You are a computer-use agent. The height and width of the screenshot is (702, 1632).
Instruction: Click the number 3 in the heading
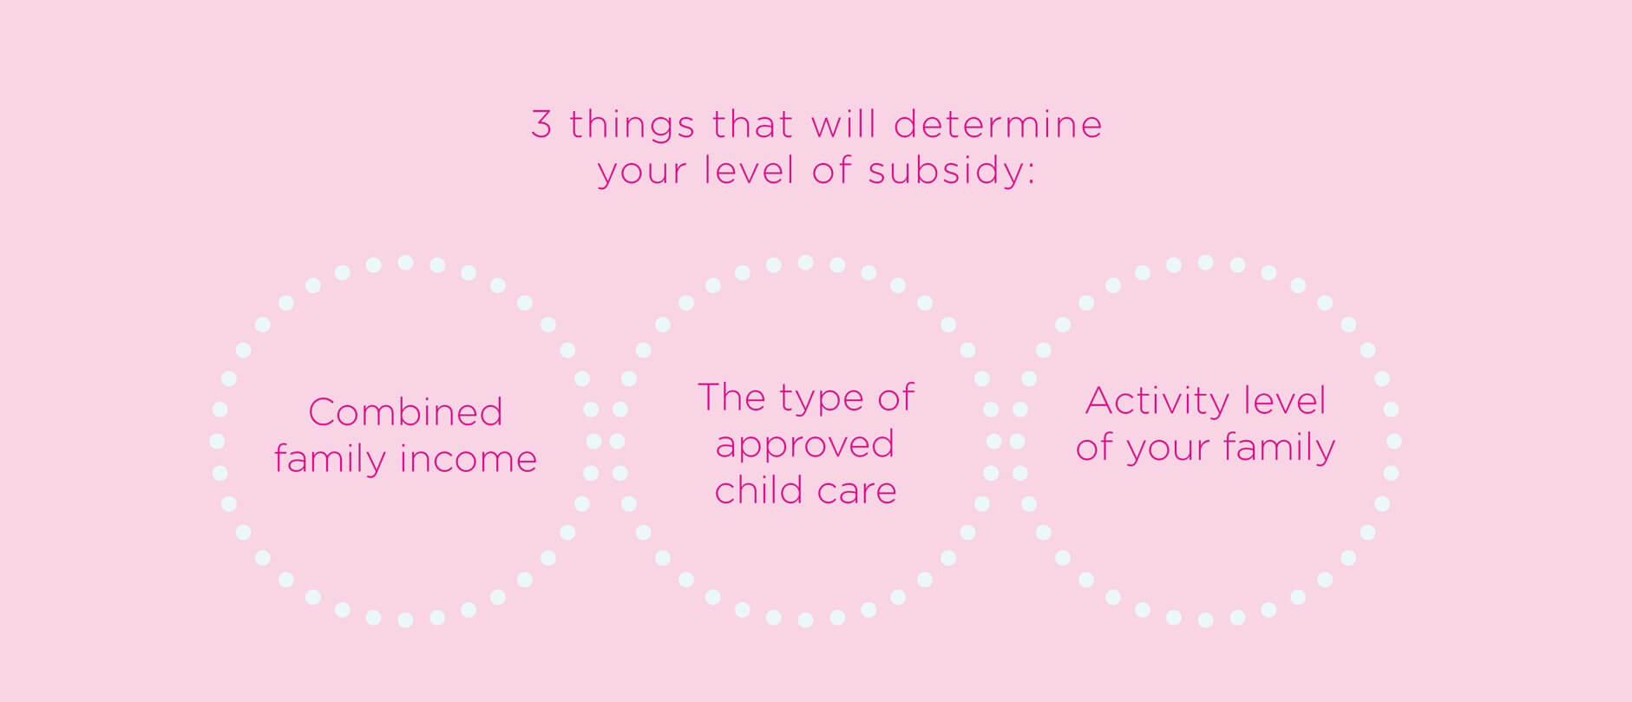click(x=541, y=124)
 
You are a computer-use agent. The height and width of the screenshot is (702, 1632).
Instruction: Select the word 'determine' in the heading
click(x=998, y=124)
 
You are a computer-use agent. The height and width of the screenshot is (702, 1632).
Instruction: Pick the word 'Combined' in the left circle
click(x=405, y=411)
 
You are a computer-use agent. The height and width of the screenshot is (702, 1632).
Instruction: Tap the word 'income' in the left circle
click(x=467, y=458)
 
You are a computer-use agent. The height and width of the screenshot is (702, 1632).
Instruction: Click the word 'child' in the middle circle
click(x=755, y=490)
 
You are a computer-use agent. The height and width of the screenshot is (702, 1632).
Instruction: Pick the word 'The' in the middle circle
click(x=732, y=397)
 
